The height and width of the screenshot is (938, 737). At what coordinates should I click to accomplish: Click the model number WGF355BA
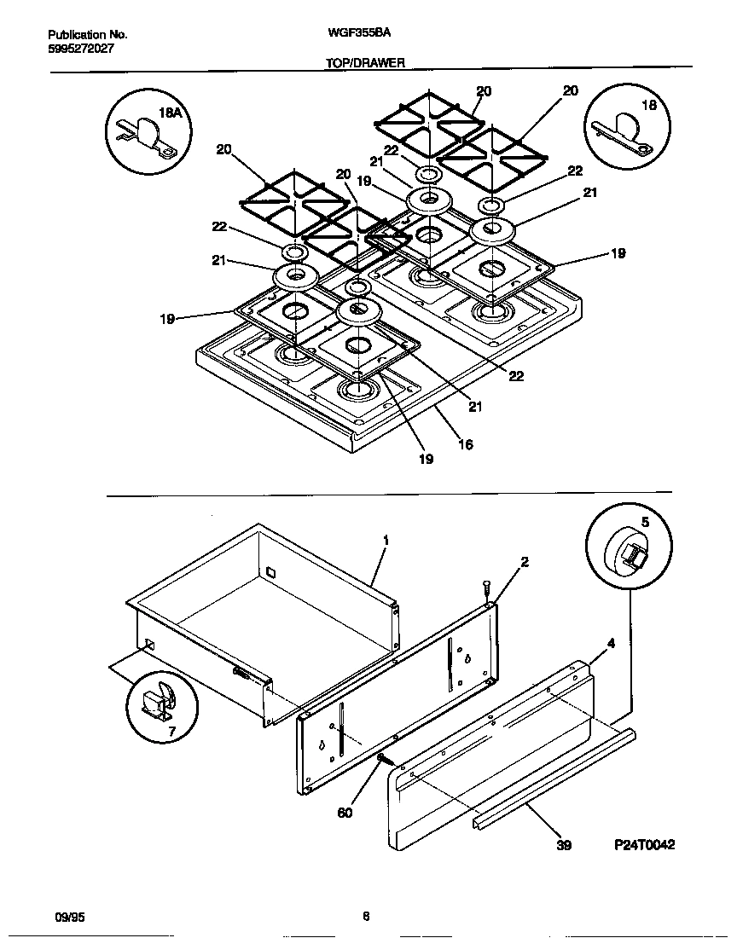pos(353,34)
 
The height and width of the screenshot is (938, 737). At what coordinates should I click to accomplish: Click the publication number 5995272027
pos(80,49)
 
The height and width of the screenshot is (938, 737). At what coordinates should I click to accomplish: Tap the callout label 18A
pos(171,113)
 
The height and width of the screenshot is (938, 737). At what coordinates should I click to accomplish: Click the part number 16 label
pos(465,444)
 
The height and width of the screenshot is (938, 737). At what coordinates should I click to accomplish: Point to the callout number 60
pos(345,813)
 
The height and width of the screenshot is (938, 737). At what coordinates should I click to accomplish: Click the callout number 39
pos(563,845)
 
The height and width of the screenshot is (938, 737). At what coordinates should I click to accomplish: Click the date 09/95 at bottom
pos(68,918)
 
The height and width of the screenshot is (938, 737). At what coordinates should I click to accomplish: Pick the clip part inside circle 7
pos(158,702)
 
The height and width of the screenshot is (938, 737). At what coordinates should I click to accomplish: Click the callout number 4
pos(611,645)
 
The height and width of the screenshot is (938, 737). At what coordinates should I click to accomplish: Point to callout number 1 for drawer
pos(386,540)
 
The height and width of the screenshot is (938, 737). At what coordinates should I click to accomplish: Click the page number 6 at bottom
pos(365,918)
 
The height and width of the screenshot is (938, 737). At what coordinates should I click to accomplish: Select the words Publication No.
pos(87,35)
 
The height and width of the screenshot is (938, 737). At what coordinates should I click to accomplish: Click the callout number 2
pos(525,562)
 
